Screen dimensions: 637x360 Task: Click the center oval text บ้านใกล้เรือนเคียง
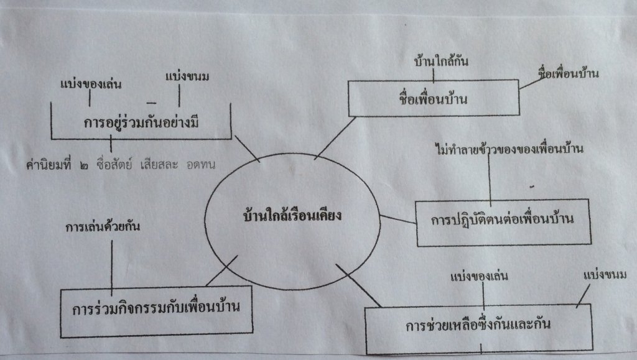(292, 215)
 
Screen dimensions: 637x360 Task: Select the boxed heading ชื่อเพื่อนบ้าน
(434, 98)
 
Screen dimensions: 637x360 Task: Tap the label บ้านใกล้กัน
(441, 61)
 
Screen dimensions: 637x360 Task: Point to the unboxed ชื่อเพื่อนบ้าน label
(568, 73)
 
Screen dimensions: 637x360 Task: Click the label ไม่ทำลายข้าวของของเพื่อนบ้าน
(509, 149)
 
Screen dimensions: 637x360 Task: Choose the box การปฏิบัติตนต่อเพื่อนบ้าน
(503, 222)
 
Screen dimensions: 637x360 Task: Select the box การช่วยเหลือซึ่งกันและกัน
(478, 329)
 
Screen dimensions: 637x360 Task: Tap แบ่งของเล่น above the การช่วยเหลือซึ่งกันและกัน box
(480, 277)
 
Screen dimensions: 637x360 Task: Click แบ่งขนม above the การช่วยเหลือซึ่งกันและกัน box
(605, 275)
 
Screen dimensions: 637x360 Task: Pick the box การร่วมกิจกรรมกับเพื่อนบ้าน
(156, 312)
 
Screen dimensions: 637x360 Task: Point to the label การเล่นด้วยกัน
(103, 226)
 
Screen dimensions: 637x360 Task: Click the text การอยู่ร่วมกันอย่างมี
(141, 122)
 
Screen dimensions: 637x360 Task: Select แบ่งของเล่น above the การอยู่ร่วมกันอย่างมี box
(91, 84)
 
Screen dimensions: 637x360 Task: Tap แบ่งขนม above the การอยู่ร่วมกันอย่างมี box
(187, 76)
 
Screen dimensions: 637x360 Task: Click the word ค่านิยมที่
(49, 164)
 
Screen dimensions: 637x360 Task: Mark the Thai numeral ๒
(84, 165)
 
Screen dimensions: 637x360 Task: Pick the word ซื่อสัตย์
(114, 164)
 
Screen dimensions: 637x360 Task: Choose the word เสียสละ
(159, 164)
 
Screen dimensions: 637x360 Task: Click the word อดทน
(201, 165)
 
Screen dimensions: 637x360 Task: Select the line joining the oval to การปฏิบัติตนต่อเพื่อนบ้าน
(398, 219)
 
